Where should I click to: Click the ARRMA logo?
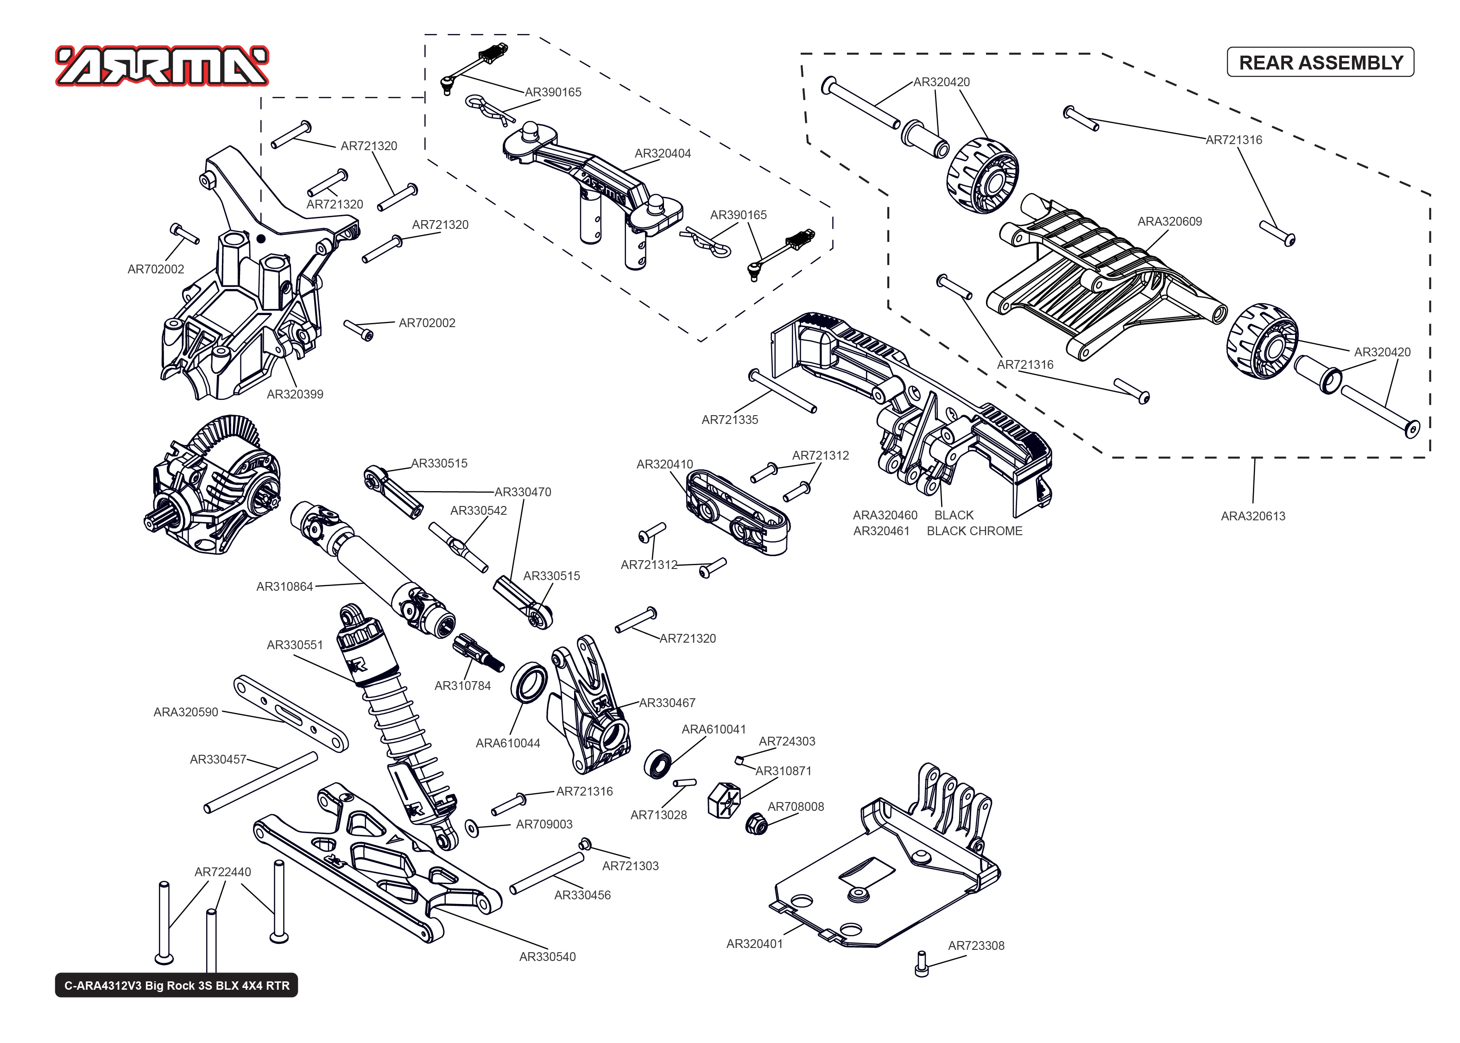[162, 65]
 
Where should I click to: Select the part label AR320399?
[295, 394]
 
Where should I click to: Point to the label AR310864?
[284, 586]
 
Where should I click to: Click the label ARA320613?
[1252, 516]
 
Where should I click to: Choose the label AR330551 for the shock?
[295, 645]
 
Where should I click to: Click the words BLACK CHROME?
[974, 531]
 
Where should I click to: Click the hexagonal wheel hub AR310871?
[724, 800]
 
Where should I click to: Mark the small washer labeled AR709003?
[472, 828]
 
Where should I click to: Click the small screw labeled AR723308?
[921, 963]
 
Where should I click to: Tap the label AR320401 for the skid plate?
[754, 943]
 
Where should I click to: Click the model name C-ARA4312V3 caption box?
[177, 985]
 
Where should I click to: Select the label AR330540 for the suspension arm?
[547, 956]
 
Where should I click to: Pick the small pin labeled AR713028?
[684, 783]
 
